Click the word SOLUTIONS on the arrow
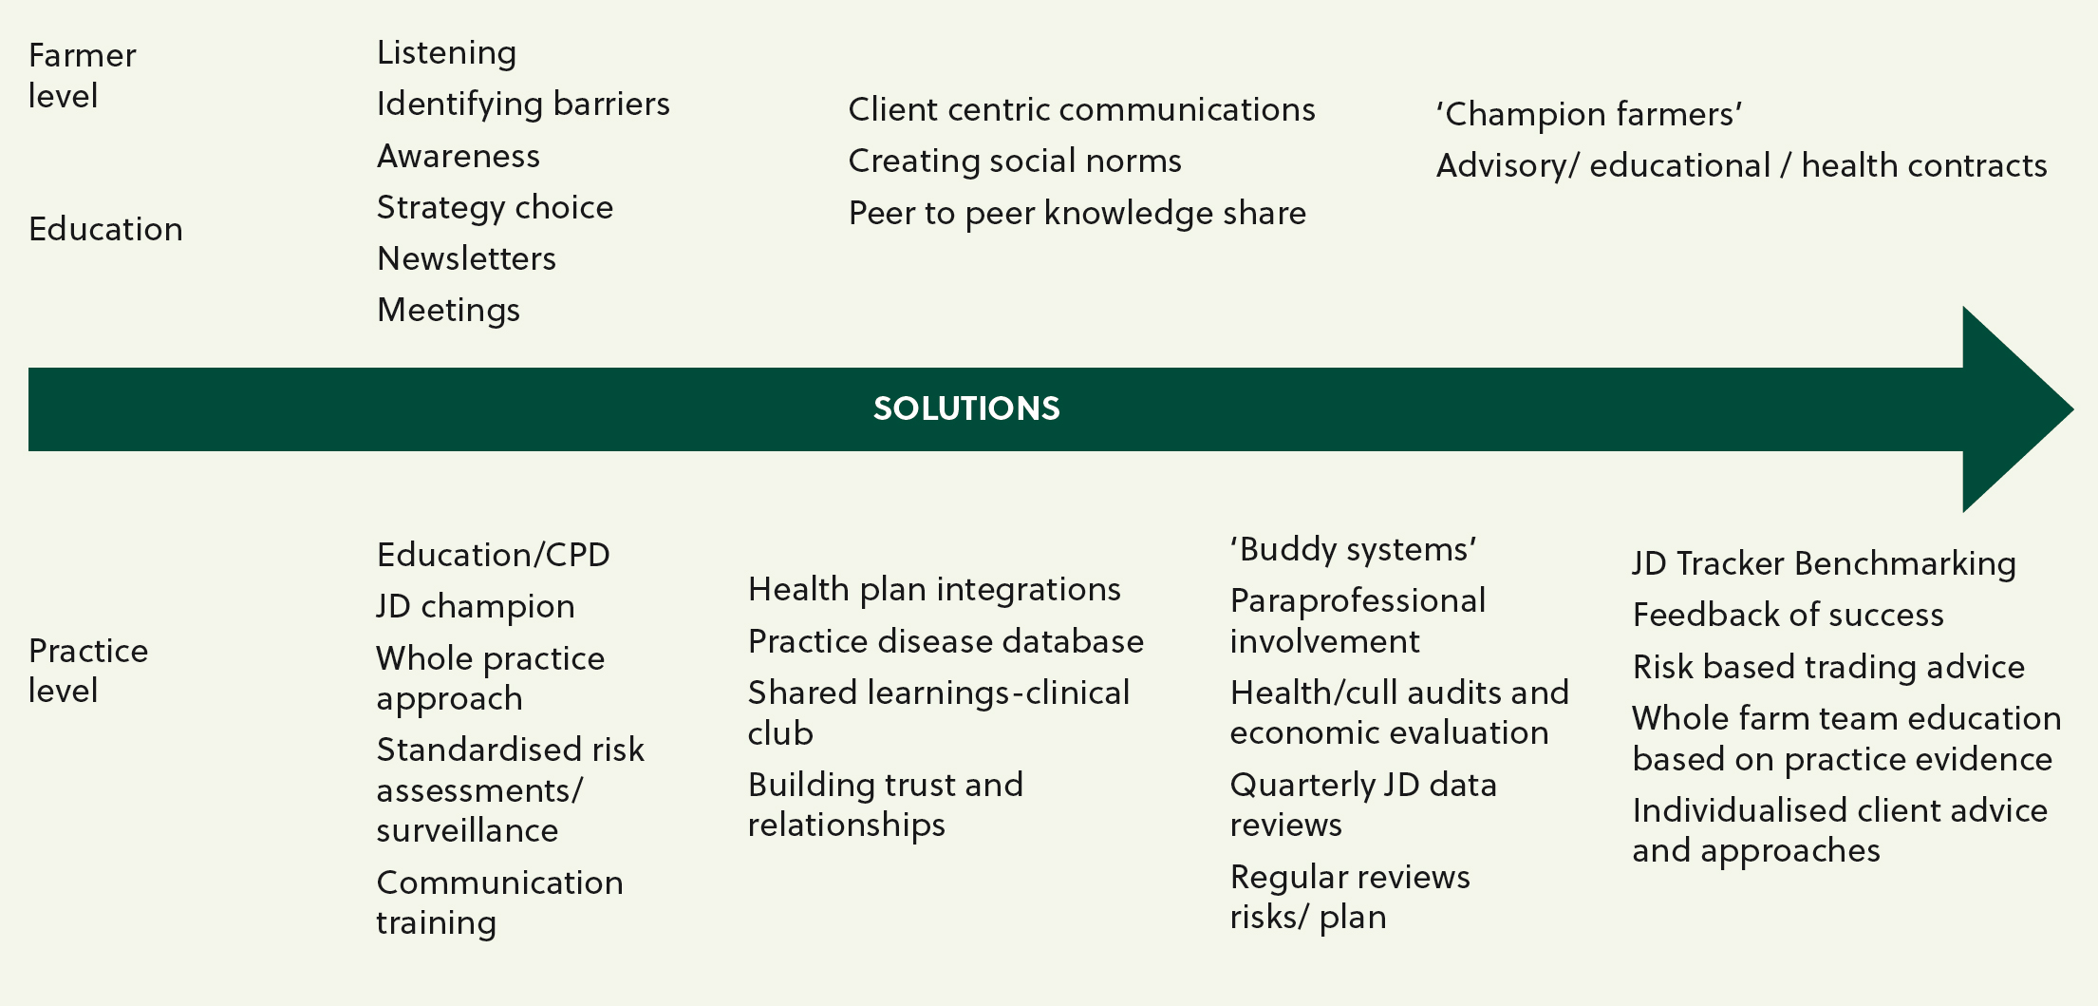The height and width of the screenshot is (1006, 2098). pyautogui.click(x=966, y=408)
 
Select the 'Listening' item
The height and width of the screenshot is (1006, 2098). pyautogui.click(x=446, y=53)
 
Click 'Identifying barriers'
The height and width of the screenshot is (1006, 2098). pyautogui.click(x=523, y=104)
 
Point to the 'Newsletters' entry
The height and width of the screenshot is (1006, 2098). pyautogui.click(x=466, y=258)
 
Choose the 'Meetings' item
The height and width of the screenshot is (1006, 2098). pyautogui.click(x=448, y=311)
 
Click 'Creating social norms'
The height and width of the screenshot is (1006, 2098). pyautogui.click(x=1015, y=161)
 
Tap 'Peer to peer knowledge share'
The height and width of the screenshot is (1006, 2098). pyautogui.click(x=1077, y=214)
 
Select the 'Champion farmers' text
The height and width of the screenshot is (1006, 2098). pyautogui.click(x=1589, y=115)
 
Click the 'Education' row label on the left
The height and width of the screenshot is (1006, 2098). pyautogui.click(x=105, y=230)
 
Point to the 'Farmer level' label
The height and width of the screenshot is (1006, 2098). pyautogui.click(x=83, y=76)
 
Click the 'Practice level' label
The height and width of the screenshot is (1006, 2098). pyautogui.click(x=88, y=671)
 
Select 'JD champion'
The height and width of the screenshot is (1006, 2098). pyautogui.click(x=476, y=607)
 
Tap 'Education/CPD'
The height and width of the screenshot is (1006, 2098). pyautogui.click(x=494, y=556)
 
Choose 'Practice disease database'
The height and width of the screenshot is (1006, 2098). pyautogui.click(x=946, y=642)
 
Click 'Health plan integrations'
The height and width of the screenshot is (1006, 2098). pyautogui.click(x=934, y=590)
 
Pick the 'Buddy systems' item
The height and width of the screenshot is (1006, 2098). pyautogui.click(x=1354, y=550)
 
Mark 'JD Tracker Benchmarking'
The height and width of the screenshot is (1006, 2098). pyautogui.click(x=1824, y=564)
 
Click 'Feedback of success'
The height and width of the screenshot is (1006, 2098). pyautogui.click(x=1788, y=616)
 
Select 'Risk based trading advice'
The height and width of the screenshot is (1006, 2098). pyautogui.click(x=1828, y=668)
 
